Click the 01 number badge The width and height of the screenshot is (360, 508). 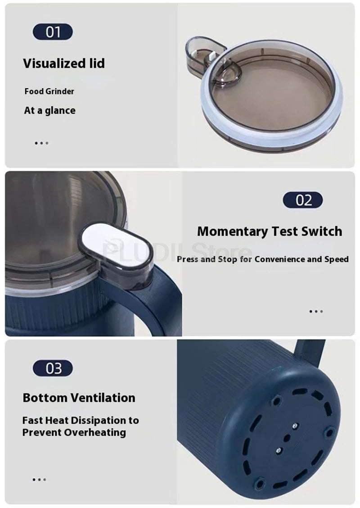pos(53,32)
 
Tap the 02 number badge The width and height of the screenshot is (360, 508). pos(303,200)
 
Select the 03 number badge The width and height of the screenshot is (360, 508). pos(53,368)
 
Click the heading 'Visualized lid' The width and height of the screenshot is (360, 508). pos(64,63)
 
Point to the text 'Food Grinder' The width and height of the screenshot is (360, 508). pos(49,91)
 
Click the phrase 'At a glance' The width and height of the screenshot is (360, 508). pos(49,110)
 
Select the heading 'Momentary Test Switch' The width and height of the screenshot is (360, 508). pos(270,231)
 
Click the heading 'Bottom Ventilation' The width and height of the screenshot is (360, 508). pos(79,398)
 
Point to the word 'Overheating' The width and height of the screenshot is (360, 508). pos(95,432)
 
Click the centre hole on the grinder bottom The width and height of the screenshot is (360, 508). pos(287,438)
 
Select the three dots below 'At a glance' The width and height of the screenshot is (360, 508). pos(41,143)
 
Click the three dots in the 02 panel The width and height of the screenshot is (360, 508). pos(316,311)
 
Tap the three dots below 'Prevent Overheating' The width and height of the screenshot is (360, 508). pos(39,480)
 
